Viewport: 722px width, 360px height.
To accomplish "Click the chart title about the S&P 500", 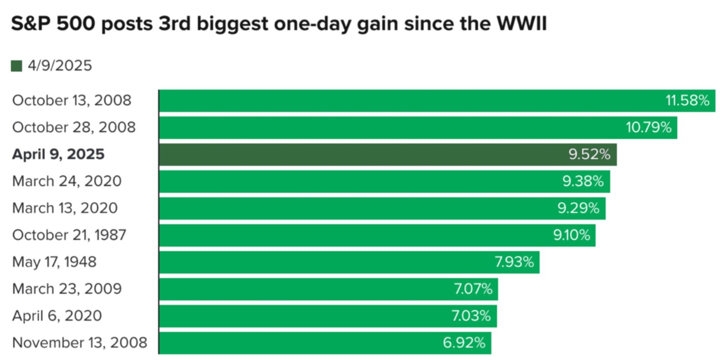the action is (x=279, y=24).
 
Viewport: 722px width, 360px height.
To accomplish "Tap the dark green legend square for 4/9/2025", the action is (x=16, y=66).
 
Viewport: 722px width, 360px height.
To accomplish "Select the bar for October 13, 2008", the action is (x=437, y=101).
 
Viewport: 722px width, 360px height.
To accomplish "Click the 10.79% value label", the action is (x=648, y=127).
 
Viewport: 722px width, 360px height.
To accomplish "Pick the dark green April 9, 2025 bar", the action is (x=388, y=155).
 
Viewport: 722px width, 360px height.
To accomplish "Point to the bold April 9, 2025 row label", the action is (x=58, y=154).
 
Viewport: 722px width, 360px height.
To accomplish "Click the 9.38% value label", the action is (x=583, y=181).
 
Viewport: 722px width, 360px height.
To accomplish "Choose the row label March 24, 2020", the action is (x=67, y=181).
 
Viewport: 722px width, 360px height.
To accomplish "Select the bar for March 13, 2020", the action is (x=382, y=208).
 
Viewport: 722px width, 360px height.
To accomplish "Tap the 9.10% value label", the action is (x=571, y=235).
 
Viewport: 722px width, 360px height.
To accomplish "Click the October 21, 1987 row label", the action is (x=69, y=235).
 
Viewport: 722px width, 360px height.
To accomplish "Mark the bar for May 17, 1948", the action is (x=349, y=262).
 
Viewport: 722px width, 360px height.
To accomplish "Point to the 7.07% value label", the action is (x=473, y=289).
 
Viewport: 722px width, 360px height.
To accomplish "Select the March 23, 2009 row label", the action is (x=67, y=289).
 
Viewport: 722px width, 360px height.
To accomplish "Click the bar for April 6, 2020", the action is (x=328, y=316).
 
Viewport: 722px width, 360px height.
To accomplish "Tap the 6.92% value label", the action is (x=464, y=343).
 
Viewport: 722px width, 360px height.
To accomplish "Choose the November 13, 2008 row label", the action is (x=80, y=343).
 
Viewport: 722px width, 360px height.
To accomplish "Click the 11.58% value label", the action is (x=687, y=101).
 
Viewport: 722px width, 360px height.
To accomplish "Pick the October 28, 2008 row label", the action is (x=74, y=127).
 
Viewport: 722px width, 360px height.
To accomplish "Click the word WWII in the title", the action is (x=522, y=24).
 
